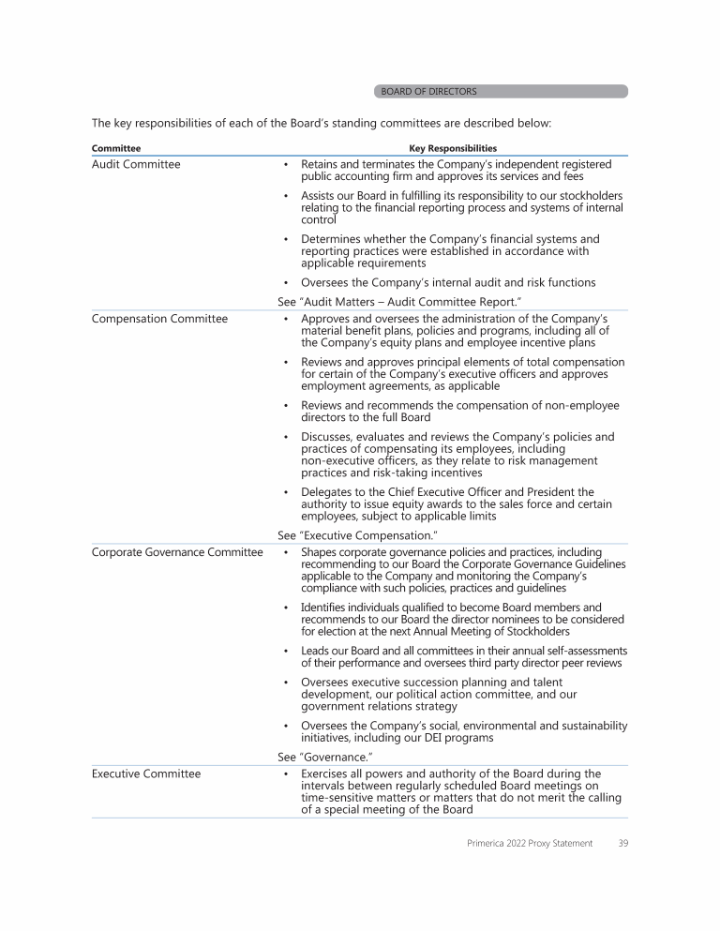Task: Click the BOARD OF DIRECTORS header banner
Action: pos(501,92)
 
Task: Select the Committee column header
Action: pos(116,148)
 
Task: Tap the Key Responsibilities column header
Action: pos(453,148)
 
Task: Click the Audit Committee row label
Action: pos(136,164)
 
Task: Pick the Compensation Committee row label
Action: pos(159,319)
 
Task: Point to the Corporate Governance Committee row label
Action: pos(177,552)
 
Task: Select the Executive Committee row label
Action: pos(146,773)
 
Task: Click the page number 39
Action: pos(622,844)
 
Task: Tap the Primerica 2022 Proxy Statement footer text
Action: pos(530,844)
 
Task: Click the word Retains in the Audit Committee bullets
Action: pos(322,164)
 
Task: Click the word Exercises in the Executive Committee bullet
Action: pos(328,773)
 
